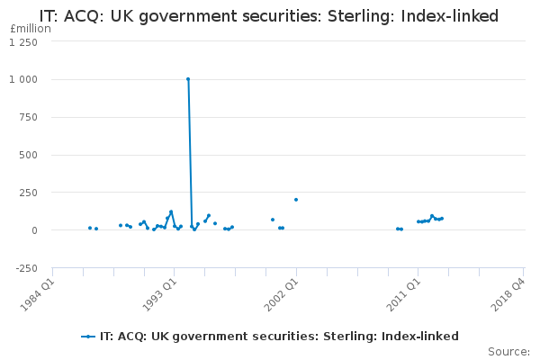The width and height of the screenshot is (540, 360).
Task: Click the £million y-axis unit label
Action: [x=30, y=29]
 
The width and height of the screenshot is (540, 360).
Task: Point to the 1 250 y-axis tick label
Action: [x=24, y=42]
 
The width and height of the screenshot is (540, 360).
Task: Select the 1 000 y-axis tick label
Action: [x=24, y=80]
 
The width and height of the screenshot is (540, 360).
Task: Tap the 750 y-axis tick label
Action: [x=29, y=118]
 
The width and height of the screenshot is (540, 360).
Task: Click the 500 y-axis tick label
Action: [x=29, y=155]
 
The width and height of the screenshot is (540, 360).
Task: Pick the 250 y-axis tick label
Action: [x=29, y=193]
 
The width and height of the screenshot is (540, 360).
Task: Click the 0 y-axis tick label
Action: [x=34, y=230]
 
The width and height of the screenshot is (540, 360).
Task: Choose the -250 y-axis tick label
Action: [x=27, y=268]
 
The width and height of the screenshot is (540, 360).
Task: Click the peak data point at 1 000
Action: [x=188, y=79]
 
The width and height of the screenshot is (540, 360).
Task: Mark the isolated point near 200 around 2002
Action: [x=295, y=200]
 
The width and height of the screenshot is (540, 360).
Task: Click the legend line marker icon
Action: [x=88, y=337]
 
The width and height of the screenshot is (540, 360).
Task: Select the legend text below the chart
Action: [x=279, y=337]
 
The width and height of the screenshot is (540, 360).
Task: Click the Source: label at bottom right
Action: [x=508, y=351]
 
